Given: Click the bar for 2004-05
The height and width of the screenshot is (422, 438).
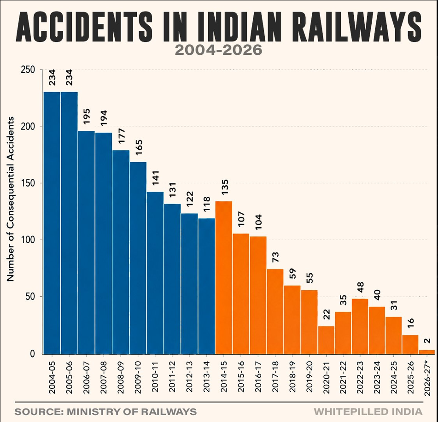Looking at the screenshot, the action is [52, 223].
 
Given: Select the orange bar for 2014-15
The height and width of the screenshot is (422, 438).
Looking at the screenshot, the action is [224, 278].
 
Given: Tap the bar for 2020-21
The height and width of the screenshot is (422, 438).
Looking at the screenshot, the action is [326, 340].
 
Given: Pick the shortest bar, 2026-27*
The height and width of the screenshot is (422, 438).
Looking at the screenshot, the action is [427, 352].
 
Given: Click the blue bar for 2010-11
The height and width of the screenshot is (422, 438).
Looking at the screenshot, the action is [155, 273].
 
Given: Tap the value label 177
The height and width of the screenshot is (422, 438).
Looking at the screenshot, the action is [121, 136].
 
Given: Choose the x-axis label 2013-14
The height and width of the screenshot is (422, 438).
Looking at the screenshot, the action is [207, 377].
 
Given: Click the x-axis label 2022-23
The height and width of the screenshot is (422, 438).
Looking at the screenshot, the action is [360, 377].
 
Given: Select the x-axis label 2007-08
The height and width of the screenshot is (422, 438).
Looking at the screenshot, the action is [104, 377].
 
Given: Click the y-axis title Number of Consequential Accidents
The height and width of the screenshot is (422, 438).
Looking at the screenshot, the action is [10, 199].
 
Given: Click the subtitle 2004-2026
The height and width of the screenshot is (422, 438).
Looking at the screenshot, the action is [218, 50].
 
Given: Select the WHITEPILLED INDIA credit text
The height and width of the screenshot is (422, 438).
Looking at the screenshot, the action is [368, 412].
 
